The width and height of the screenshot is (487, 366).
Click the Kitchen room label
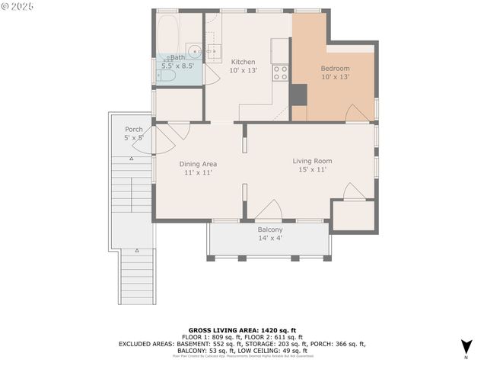pos(243,62)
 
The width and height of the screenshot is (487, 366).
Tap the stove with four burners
pos(281,72)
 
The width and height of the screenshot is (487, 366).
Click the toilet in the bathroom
pos(166,75)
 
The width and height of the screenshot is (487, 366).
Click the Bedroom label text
pos(335,68)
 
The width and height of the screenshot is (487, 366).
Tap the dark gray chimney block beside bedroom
pos(298,95)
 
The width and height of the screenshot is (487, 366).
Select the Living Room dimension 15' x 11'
pos(313,169)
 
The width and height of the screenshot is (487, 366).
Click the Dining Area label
pos(198,164)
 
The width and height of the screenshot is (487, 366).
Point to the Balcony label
pos(270,230)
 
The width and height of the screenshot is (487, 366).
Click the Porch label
pos(134,129)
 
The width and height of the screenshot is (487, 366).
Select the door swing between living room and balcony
pos(269,210)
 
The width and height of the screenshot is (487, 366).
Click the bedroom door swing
pos(357,114)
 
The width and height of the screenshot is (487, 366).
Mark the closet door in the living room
pos(354,192)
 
